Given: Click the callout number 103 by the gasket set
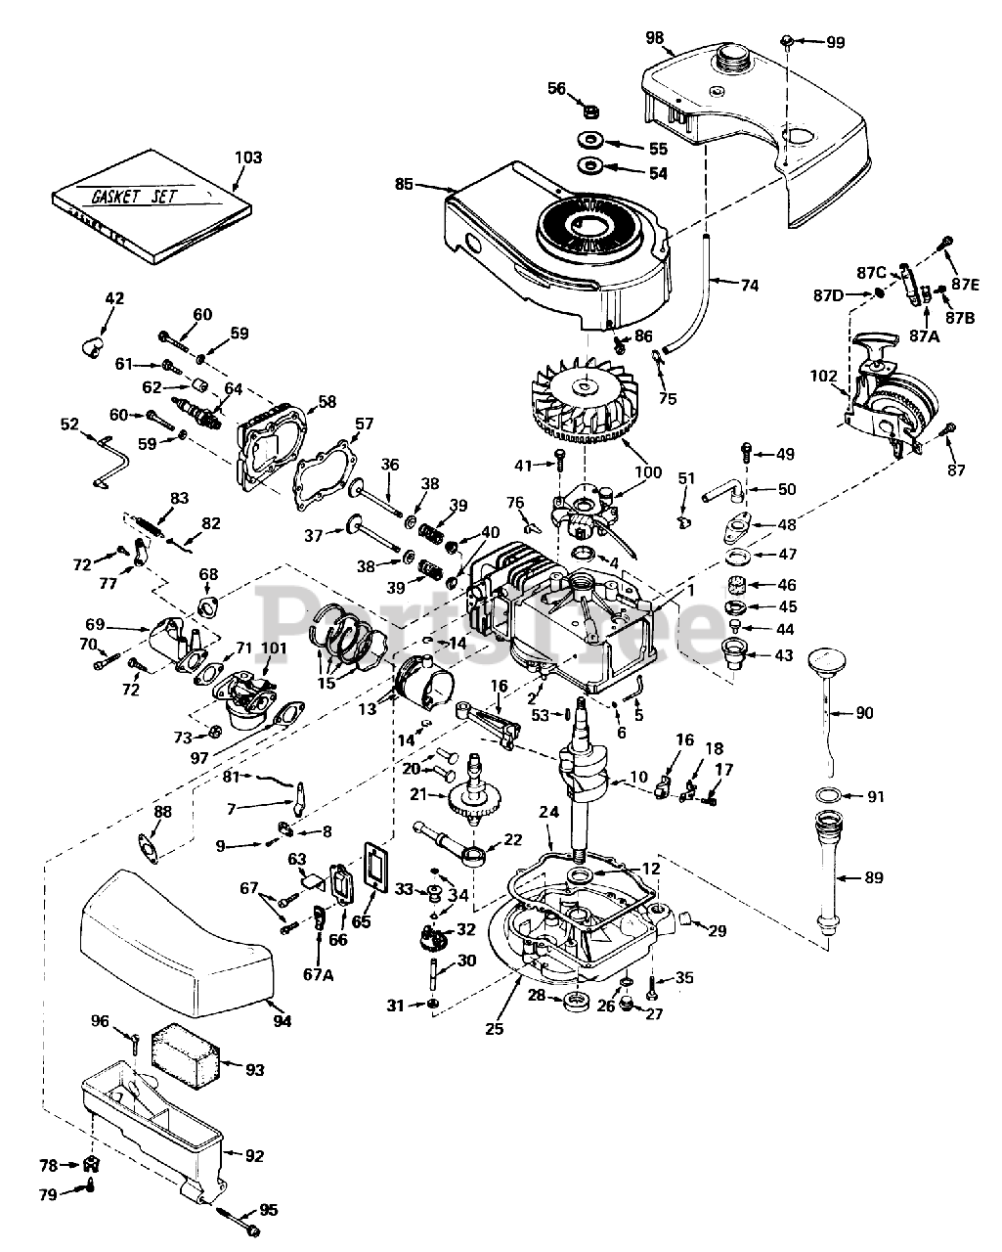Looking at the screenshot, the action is pos(248,157).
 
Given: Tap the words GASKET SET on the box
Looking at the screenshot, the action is pos(133,196).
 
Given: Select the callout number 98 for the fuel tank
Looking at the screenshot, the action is pos(654,38).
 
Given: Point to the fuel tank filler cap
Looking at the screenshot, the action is pos(734,57).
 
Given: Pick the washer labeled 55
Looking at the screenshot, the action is pos(590,141).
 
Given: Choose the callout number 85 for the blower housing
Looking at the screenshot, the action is pos(404,185).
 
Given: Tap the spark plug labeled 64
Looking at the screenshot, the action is pos(197,412).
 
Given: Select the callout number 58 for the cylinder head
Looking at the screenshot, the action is pos(327,401).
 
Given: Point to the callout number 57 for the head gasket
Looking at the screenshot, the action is pos(364,424).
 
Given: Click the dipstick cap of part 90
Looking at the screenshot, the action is pos(826,661).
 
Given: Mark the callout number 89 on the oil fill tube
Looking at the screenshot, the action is pos(874,877).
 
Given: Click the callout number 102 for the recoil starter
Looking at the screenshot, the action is pos(823,377).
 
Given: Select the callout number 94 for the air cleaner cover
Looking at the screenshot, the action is pos(283,1020).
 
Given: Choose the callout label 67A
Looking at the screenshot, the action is pos(318,974).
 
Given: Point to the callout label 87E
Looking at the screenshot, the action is pos(966,285).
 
